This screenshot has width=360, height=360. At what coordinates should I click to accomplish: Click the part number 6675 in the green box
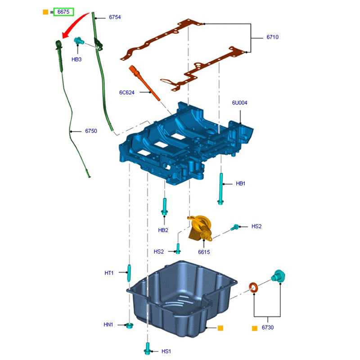[63, 12]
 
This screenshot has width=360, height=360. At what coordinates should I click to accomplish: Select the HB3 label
[76, 59]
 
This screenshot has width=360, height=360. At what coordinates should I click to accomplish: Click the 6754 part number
[115, 17]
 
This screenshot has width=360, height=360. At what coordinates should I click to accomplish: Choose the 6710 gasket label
[272, 37]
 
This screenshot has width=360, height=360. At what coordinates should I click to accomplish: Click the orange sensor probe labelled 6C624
[144, 83]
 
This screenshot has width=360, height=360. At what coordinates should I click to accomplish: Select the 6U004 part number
[240, 103]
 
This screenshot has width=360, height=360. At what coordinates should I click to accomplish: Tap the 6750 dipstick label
[91, 131]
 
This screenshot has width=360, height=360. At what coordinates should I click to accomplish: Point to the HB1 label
[241, 184]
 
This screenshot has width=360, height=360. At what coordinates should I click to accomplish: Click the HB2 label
[163, 230]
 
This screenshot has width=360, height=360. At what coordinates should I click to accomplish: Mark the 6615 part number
[204, 252]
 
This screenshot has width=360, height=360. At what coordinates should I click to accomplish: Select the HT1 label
[109, 273]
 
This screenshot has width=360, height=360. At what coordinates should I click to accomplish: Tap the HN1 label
[109, 324]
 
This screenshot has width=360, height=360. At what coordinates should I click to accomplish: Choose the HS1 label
[166, 351]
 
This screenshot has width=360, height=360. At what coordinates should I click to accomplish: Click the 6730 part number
[267, 328]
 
